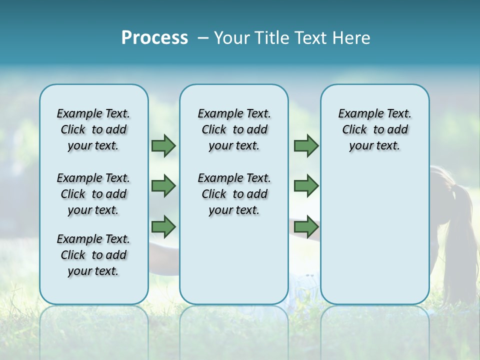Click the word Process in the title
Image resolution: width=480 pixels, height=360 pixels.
click(x=154, y=38)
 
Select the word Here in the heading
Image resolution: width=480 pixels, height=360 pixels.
click(x=351, y=38)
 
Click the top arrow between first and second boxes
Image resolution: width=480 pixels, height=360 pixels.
click(x=163, y=146)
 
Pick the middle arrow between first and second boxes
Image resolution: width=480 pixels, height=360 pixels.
click(x=163, y=186)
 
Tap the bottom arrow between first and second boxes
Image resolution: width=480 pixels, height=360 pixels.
click(x=163, y=226)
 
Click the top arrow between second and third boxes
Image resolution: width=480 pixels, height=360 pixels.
click(x=306, y=146)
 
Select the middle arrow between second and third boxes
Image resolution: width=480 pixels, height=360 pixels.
click(x=306, y=186)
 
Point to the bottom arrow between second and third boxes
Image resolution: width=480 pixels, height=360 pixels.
click(x=306, y=226)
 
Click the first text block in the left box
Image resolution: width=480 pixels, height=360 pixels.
click(x=93, y=129)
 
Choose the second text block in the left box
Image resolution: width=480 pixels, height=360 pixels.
click(x=93, y=194)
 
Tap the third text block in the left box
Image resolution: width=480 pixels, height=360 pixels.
click(x=93, y=255)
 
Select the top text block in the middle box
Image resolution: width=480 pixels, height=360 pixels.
click(x=234, y=129)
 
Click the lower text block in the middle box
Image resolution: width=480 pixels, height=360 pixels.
click(x=234, y=194)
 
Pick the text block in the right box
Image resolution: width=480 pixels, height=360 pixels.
click(x=375, y=129)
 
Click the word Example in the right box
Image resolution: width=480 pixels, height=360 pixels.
click(x=357, y=114)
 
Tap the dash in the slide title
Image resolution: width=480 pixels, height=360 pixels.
click(x=202, y=38)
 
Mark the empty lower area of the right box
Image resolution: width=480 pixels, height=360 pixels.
click(x=375, y=235)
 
